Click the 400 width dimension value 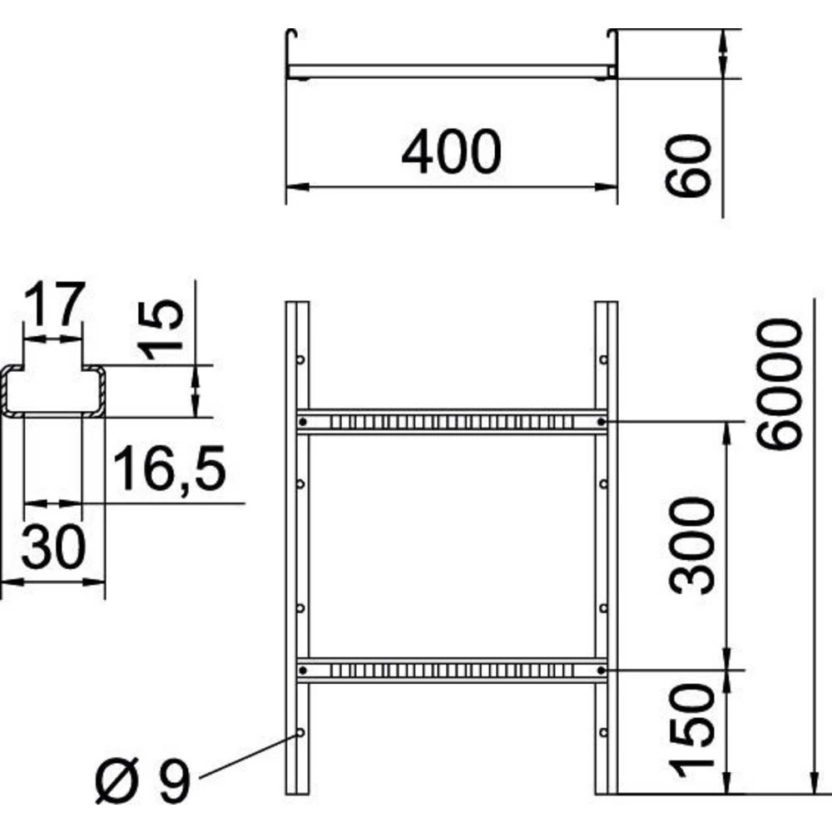[451, 153]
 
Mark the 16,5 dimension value [169, 468]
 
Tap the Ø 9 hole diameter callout [142, 781]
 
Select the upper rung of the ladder [451, 422]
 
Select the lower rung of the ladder [451, 669]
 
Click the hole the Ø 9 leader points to [300, 732]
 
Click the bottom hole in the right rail [603, 732]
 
